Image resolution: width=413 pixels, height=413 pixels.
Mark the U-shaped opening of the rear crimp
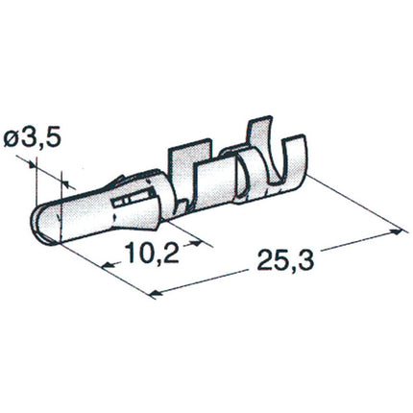pos(288,173)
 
